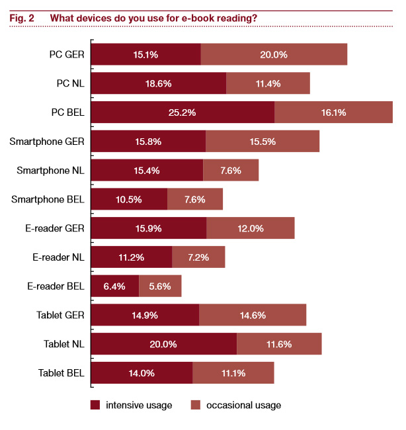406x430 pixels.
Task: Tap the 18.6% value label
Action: [x=158, y=83]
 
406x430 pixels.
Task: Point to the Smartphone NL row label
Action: [x=50, y=170]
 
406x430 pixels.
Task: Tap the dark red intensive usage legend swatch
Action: [x=95, y=405]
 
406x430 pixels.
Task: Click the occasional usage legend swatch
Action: [x=195, y=405]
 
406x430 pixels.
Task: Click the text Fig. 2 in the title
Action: [x=23, y=18]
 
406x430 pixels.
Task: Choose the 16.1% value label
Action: [x=334, y=112]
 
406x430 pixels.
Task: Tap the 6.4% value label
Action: [x=114, y=286]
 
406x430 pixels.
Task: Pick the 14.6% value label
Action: [x=253, y=315]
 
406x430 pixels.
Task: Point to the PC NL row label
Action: [x=69, y=83]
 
